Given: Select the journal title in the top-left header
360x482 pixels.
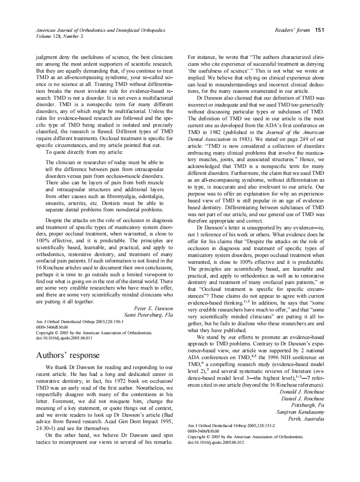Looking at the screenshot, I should click(101, 31).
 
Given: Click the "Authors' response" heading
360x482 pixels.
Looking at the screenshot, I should click(68, 355).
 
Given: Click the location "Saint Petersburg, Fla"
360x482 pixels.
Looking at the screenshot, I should click(148, 315).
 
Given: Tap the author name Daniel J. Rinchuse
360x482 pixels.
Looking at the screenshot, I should click(302, 399).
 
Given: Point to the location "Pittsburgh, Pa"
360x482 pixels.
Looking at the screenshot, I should click(308, 406).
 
